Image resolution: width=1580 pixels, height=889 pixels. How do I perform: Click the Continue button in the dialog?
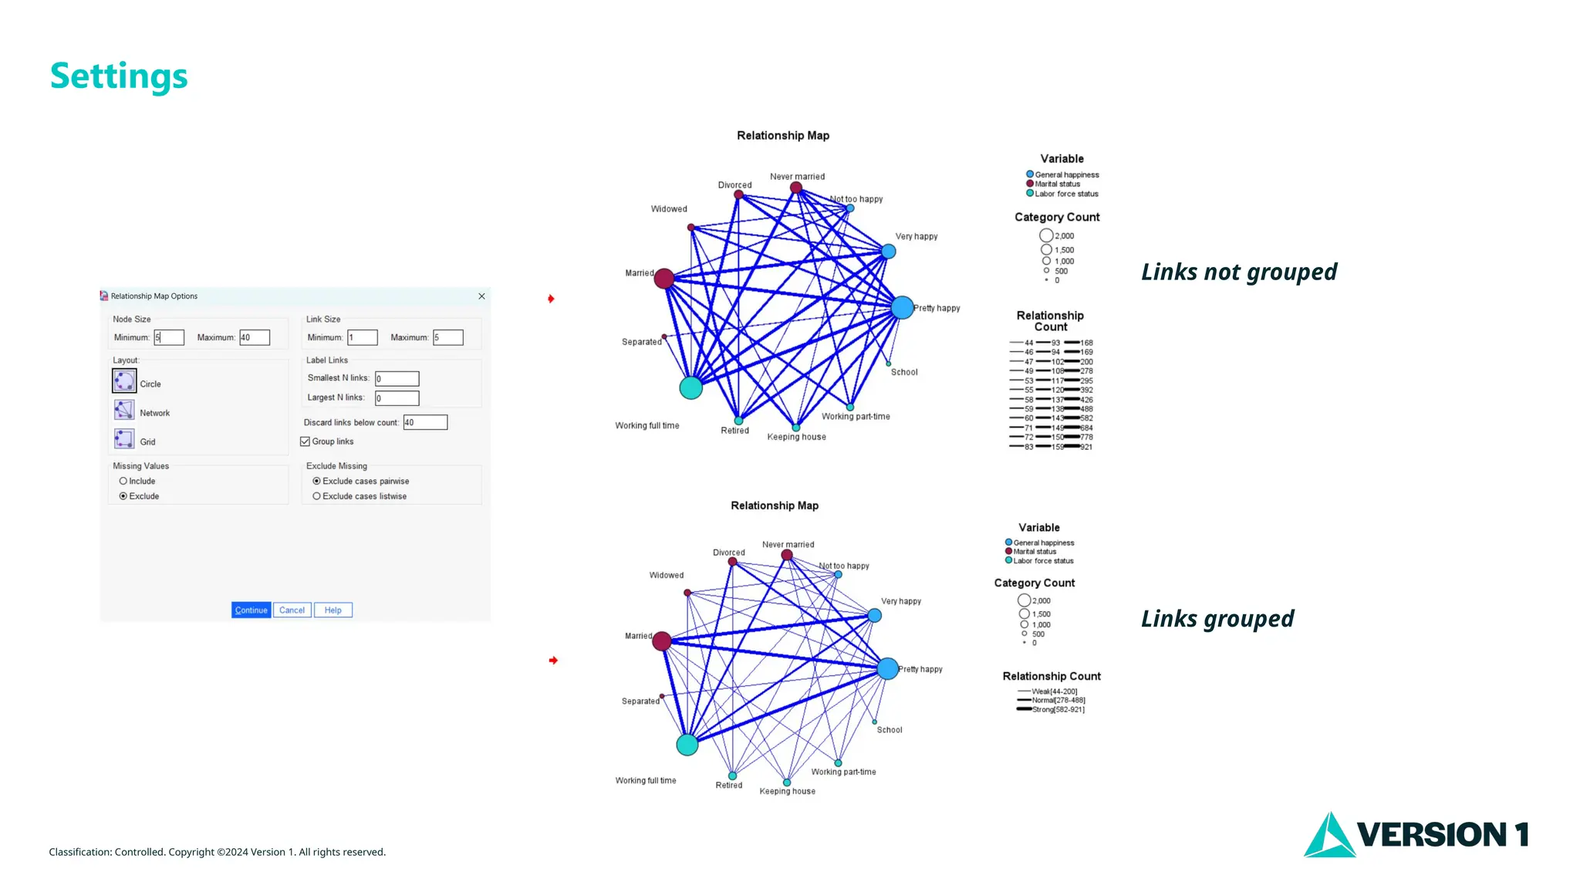coord(251,610)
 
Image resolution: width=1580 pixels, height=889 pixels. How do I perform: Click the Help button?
coord(333,610)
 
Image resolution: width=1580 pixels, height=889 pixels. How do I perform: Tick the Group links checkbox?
coord(306,441)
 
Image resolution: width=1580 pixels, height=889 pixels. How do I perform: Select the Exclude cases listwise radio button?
coord(316,496)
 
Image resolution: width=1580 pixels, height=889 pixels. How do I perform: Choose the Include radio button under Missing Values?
coord(123,481)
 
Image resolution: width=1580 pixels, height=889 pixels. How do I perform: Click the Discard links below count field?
coord(425,422)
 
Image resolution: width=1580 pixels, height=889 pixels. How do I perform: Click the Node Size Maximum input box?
coord(254,337)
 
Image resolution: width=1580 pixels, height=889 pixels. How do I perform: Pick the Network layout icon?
coord(124,410)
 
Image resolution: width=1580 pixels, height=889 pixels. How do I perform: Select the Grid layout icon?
coord(124,439)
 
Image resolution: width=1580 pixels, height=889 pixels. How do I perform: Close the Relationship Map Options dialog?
coord(481,296)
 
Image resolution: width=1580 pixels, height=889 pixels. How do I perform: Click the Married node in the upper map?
coord(664,279)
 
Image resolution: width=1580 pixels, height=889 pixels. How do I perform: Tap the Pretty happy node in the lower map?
coord(888,668)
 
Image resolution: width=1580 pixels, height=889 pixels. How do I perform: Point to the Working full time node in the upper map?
coord(690,387)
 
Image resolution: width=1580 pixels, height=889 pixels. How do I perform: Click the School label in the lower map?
coord(890,730)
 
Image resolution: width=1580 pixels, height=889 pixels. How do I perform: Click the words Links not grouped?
coord(1238,272)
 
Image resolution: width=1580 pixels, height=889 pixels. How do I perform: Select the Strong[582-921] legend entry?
coord(1058,709)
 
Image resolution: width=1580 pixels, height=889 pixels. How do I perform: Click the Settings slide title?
coord(119,76)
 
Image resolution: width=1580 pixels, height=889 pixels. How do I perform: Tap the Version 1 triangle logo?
coord(1328,835)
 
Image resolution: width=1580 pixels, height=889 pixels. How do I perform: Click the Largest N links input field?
coord(397,398)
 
